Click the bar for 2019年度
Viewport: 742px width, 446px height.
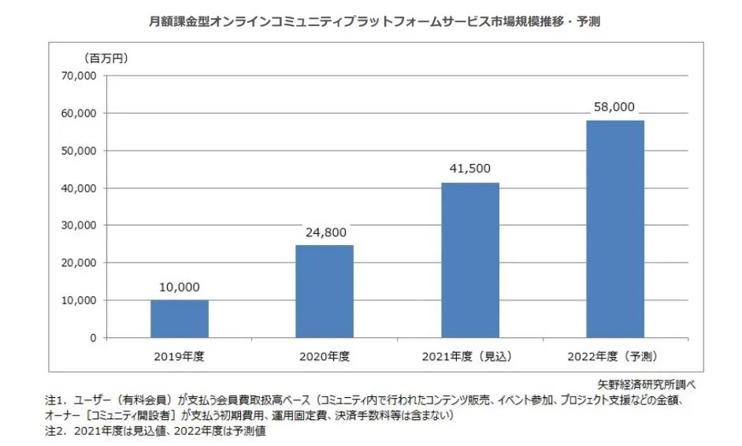click(x=180, y=318)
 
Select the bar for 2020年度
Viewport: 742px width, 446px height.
click(x=325, y=291)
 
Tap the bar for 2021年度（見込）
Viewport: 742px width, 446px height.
click(x=469, y=260)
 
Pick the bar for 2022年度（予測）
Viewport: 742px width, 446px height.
click(x=614, y=229)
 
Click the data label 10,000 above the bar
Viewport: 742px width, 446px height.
click(x=180, y=288)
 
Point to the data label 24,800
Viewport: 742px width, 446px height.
click(x=325, y=232)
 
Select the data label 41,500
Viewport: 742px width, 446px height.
click(x=469, y=170)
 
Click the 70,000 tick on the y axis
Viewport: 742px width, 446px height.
click(x=78, y=76)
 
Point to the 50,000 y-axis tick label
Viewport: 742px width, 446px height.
click(x=78, y=151)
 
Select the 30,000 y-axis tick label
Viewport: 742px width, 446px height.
click(x=78, y=225)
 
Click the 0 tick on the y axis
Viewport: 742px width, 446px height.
click(x=92, y=337)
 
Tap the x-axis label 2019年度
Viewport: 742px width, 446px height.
click(x=180, y=355)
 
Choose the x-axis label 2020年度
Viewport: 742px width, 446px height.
click(x=325, y=355)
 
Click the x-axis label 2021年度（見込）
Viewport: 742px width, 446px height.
click(x=469, y=355)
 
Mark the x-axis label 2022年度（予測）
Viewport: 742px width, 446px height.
click(x=614, y=355)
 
